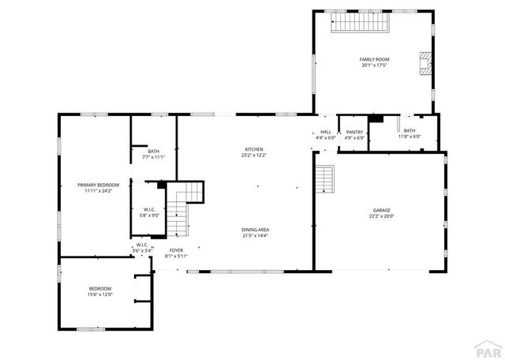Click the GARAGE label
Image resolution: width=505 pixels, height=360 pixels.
[381, 211]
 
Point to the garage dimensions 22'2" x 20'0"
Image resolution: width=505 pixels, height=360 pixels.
[381, 216]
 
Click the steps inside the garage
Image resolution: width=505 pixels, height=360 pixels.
[326, 179]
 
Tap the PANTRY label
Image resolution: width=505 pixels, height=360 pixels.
[355, 132]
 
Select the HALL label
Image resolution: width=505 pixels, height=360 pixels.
[326, 132]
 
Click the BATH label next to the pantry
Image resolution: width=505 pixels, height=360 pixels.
[409, 131]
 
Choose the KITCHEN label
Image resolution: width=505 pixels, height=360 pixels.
[254, 149]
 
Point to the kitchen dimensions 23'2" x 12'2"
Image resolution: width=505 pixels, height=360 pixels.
[254, 155]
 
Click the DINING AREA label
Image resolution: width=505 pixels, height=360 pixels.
[256, 230]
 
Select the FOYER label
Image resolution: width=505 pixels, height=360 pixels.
[176, 249]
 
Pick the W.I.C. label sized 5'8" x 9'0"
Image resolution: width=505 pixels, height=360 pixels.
[149, 209]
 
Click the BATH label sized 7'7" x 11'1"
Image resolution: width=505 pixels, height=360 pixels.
[153, 152]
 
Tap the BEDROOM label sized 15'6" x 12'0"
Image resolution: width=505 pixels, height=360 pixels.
[100, 288]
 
